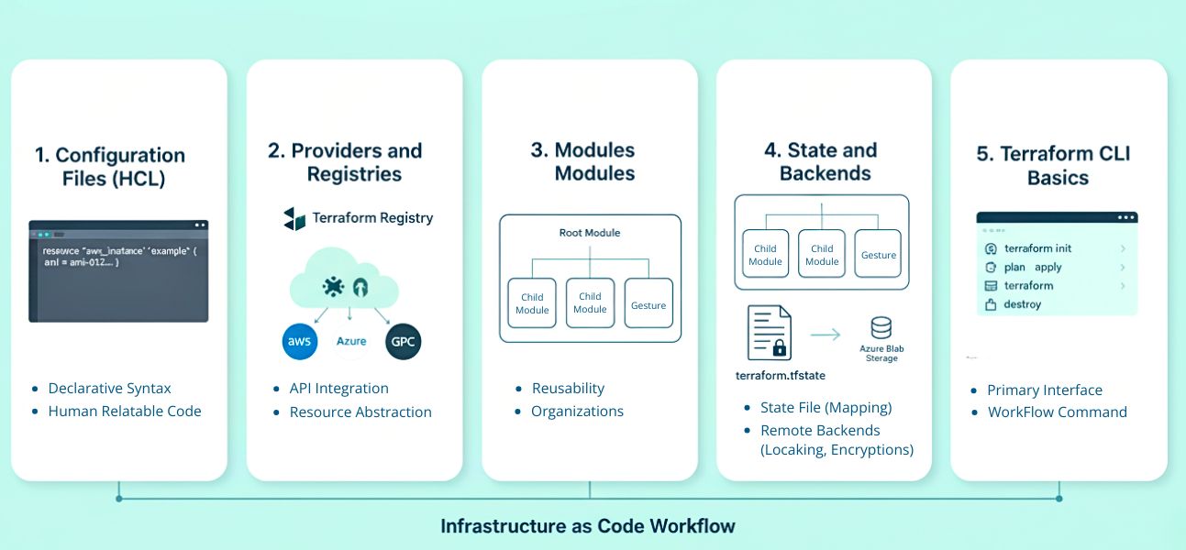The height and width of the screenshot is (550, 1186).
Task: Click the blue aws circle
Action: (300, 341)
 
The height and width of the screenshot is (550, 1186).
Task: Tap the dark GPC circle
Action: (403, 341)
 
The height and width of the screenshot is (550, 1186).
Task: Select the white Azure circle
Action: (351, 341)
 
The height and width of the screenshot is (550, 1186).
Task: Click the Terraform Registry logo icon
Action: (294, 218)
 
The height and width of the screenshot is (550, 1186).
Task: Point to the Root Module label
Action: (590, 233)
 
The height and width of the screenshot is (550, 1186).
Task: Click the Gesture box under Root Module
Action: (648, 304)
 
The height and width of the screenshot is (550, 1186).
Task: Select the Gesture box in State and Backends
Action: (878, 254)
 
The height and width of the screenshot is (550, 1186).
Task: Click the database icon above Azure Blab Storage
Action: (881, 327)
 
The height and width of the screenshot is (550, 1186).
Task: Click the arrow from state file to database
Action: (826, 335)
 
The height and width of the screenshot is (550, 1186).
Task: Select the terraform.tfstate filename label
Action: (781, 376)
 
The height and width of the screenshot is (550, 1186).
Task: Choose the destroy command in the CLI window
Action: (1022, 304)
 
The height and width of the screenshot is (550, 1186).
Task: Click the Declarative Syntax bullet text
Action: (109, 389)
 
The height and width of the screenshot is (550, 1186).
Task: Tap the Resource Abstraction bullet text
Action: (360, 412)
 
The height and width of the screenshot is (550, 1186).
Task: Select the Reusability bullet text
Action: (568, 389)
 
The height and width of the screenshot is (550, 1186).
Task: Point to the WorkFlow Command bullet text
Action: (1057, 412)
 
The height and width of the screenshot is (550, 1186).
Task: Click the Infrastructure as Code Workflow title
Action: (588, 526)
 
